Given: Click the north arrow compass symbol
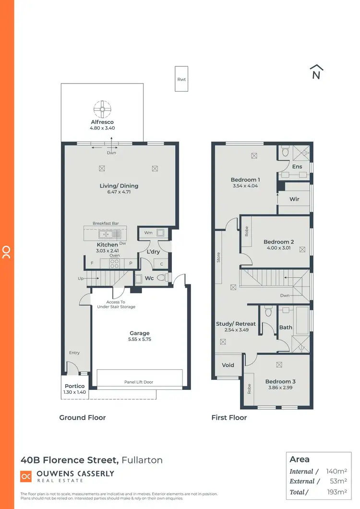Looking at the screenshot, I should [316, 72].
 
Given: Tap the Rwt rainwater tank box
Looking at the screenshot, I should [181, 79].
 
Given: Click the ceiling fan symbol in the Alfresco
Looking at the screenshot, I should [102, 109].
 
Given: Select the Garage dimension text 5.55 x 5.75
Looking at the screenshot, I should [140, 339].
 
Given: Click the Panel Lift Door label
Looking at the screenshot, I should [140, 382].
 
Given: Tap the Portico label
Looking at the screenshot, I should [74, 386].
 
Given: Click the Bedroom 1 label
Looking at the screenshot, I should [244, 180].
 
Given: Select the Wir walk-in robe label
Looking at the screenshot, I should [294, 199].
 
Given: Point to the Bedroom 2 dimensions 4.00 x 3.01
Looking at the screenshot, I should [278, 248].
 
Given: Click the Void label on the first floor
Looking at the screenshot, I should [228, 365].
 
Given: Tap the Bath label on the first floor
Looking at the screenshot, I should [285, 327].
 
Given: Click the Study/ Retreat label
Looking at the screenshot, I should [236, 324].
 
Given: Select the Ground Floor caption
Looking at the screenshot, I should [83, 418].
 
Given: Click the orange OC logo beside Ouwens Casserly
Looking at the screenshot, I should [26, 476].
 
